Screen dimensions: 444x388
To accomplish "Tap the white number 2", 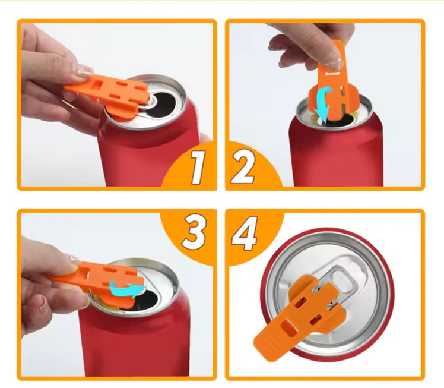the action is click(x=243, y=167).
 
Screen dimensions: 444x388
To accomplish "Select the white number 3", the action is click(x=194, y=232).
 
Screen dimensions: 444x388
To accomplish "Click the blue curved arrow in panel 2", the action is click(x=325, y=105).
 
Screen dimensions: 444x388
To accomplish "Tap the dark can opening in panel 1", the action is click(x=165, y=105).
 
